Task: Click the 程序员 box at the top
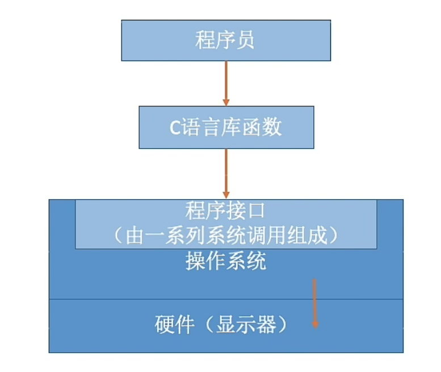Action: [x=226, y=40]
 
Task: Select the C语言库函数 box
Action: [x=226, y=127]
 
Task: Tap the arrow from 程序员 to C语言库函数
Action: [x=226, y=83]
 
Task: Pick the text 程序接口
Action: [x=225, y=212]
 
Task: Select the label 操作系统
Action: [x=226, y=262]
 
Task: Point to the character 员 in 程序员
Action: [x=246, y=40]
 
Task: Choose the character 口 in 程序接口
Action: [x=257, y=212]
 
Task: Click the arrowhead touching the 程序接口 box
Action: [x=226, y=196]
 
